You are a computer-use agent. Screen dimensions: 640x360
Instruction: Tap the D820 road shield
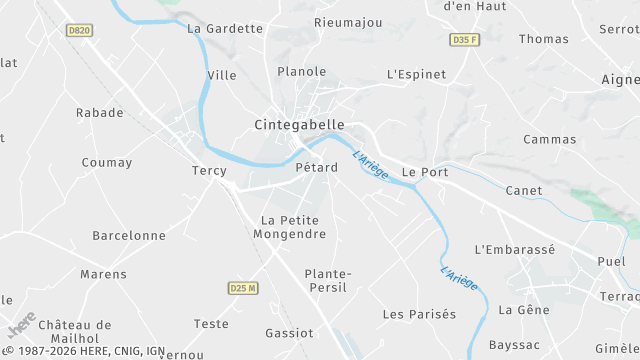[x=79, y=30]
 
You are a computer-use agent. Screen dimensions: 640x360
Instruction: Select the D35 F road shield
[x=463, y=40]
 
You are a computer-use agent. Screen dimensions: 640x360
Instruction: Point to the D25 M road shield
[x=243, y=288]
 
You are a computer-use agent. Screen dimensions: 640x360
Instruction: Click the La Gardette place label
[x=225, y=28]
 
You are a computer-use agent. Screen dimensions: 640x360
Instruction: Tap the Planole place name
[x=302, y=72]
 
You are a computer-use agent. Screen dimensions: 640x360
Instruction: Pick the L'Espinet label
[x=415, y=75]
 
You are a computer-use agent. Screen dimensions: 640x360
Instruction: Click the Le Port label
[x=425, y=172]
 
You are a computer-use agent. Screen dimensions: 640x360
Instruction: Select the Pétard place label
[x=315, y=167]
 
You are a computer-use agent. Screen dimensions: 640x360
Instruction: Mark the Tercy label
[x=210, y=171]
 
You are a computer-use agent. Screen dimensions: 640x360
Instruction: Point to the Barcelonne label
[x=129, y=236]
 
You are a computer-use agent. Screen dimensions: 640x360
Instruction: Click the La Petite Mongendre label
[x=293, y=227]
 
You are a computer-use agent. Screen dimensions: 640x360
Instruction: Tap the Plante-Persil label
[x=327, y=280]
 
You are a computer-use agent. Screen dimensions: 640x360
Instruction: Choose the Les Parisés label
[x=419, y=314]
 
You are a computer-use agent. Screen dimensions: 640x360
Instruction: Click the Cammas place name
[x=550, y=140]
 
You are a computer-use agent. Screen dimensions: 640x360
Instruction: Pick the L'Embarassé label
[x=514, y=249]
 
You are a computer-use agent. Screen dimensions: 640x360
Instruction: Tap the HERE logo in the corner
[x=21, y=324]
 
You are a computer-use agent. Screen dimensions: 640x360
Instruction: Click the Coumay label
[x=107, y=163]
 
